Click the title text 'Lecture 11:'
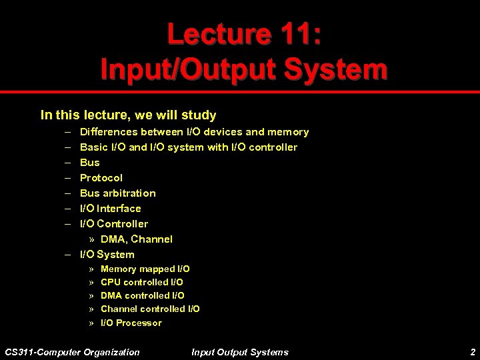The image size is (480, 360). tap(243, 34)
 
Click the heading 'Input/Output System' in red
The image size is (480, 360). tap(243, 69)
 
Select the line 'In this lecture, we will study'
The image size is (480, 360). tap(128, 115)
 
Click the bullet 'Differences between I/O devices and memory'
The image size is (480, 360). tap(194, 132)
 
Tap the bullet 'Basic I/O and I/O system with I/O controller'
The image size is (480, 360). tap(189, 147)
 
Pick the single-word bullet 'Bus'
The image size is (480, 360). tap(89, 163)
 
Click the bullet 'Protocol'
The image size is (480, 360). tap(101, 178)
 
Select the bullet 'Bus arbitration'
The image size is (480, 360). tap(117, 193)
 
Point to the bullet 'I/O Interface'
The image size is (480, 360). tap(110, 209)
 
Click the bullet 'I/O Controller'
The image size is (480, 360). tap(114, 224)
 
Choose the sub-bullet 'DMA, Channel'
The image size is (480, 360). tap(136, 239)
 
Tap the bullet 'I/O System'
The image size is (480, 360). tap(107, 255)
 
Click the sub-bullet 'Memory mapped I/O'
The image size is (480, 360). tap(145, 269)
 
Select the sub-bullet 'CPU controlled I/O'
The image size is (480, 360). tap(141, 283)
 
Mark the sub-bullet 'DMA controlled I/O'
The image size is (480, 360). tap(142, 296)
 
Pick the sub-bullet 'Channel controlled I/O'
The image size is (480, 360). tap(150, 309)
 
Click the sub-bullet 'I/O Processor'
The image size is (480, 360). tap(131, 323)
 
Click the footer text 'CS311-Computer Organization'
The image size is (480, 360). tap(72, 352)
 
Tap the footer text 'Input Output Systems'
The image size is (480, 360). tap(240, 352)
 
